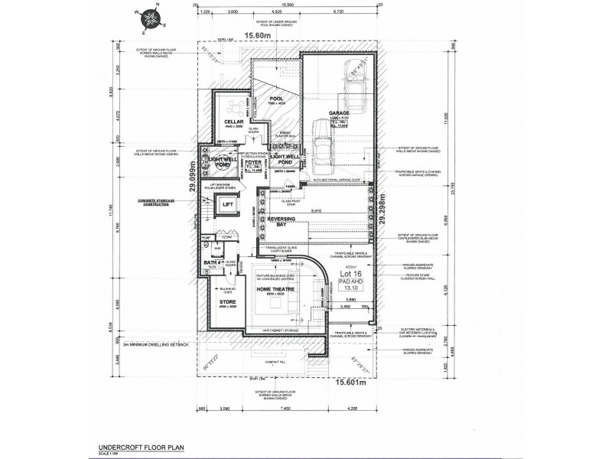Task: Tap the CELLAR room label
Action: (233, 122)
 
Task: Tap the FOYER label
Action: (253, 162)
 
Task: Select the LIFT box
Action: (226, 205)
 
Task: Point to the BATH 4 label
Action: (213, 263)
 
